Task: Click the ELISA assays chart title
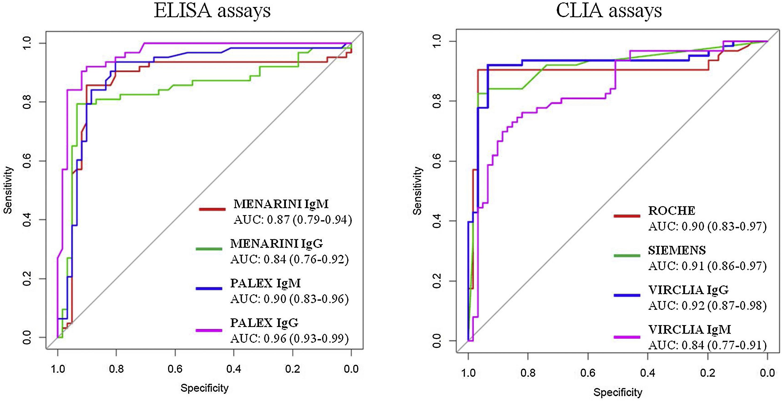tap(212, 11)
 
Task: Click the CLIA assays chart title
tap(609, 11)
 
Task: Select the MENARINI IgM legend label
tap(281, 204)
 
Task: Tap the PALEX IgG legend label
tap(264, 323)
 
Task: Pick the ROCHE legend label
tap(671, 211)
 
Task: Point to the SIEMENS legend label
tap(677, 250)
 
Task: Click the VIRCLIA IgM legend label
tap(689, 329)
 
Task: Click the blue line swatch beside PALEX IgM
tap(209, 288)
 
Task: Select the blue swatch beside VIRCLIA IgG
tap(627, 295)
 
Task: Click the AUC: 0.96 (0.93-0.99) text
tap(289, 339)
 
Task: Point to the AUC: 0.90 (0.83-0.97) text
tap(707, 227)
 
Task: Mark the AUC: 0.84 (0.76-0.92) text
tap(289, 259)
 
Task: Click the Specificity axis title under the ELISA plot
tap(204, 388)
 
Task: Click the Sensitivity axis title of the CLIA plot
tap(417, 191)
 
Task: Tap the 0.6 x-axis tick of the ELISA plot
tap(175, 369)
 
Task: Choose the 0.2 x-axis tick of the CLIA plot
tap(708, 373)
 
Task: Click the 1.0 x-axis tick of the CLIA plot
tap(468, 373)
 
